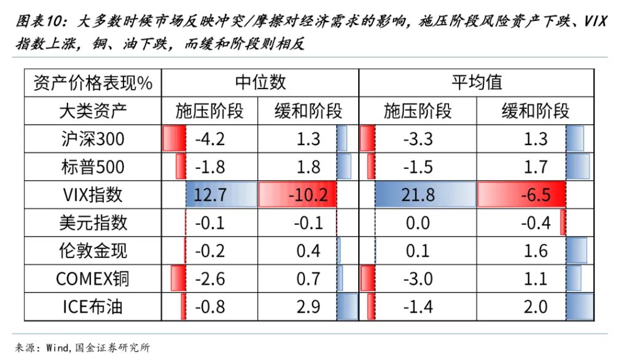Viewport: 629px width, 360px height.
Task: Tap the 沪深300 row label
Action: [93, 139]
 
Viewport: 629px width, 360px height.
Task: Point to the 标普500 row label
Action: [93, 167]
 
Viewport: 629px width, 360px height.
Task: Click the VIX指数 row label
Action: [93, 195]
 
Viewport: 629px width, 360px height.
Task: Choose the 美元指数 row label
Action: [93, 222]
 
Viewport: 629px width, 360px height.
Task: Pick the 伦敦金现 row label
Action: [93, 251]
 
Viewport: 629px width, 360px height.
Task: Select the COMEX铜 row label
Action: [93, 278]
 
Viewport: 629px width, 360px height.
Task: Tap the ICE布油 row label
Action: [93, 306]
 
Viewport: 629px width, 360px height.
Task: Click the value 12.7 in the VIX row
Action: [210, 195]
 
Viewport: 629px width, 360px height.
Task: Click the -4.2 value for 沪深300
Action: [210, 139]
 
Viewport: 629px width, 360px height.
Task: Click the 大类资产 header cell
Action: [93, 111]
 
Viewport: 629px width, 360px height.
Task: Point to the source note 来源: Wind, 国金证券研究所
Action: [82, 348]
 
